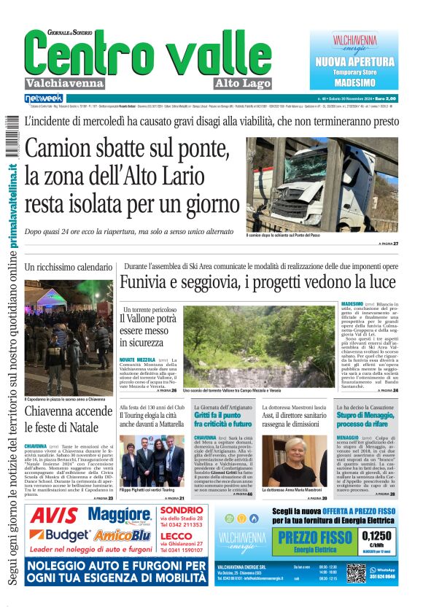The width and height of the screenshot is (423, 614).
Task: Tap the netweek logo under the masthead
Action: pyautogui.click(x=44, y=98)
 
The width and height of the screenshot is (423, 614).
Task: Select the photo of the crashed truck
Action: pyautogui.click(x=322, y=183)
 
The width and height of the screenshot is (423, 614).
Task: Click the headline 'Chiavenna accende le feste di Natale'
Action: pyautogui.click(x=69, y=419)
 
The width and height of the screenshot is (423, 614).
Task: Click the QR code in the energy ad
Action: pyautogui.click(x=355, y=574)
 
